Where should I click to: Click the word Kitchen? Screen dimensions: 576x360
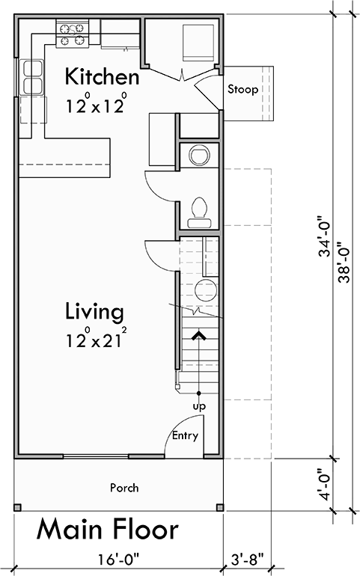102,77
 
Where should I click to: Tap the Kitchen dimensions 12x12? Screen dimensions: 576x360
95,105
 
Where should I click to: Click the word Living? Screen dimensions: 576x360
94,310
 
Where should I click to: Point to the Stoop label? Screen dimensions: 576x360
243,90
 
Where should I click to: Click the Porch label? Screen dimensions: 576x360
124,488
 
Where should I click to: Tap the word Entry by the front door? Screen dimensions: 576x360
185,435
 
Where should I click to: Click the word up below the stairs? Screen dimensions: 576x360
199,406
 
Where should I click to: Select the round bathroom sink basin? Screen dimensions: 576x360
200,155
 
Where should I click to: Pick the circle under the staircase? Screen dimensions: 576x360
205,291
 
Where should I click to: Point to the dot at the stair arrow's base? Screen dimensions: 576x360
199,393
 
